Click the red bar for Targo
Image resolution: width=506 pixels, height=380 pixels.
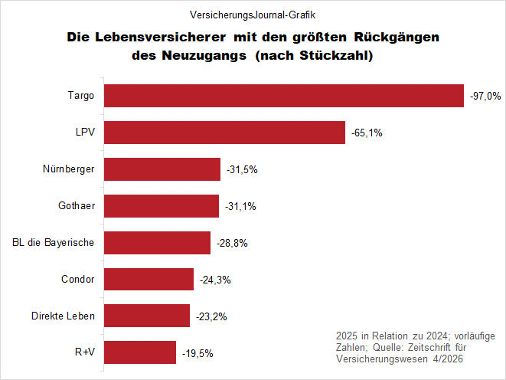tap(283, 96)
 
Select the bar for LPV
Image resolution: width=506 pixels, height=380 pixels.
tap(224, 132)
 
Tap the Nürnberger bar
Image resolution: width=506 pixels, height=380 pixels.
tap(162, 169)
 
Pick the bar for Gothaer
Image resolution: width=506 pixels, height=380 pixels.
tap(161, 206)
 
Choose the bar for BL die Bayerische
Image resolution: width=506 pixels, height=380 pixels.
tap(156, 243)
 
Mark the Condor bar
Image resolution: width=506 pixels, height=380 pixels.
tap(149, 280)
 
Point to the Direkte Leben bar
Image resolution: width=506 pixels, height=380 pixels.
tap(146, 316)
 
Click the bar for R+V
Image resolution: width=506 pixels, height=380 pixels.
tap(139, 352)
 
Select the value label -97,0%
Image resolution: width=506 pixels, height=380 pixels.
tap(485, 97)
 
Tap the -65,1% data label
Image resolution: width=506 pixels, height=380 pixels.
tap(367, 133)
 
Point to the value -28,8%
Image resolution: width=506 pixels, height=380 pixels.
tap(232, 244)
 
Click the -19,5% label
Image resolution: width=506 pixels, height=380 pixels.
tap(198, 353)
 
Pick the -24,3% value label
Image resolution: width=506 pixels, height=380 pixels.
tap(215, 280)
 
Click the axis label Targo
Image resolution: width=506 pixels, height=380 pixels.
tap(81, 96)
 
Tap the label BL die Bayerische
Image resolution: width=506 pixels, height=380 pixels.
tap(54, 243)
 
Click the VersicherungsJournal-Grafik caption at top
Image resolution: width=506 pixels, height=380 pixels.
tap(253, 15)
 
